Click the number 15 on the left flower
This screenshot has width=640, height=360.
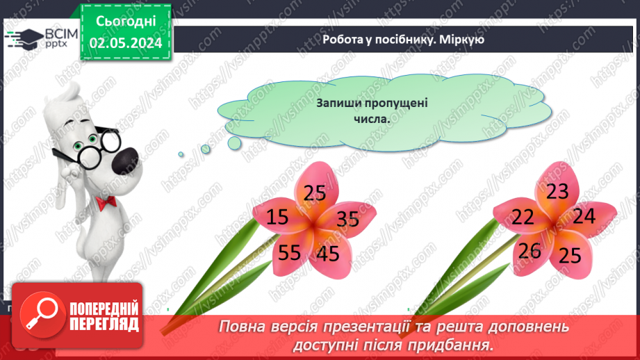pyautogui.click(x=277, y=218)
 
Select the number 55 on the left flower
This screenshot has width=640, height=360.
pyautogui.click(x=289, y=252)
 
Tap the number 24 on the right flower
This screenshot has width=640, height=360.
pyautogui.click(x=584, y=216)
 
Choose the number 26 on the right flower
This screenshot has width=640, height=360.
pyautogui.click(x=530, y=250)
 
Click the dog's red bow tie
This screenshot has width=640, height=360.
pyautogui.click(x=106, y=202)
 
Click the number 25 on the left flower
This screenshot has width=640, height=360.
pyautogui.click(x=315, y=193)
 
